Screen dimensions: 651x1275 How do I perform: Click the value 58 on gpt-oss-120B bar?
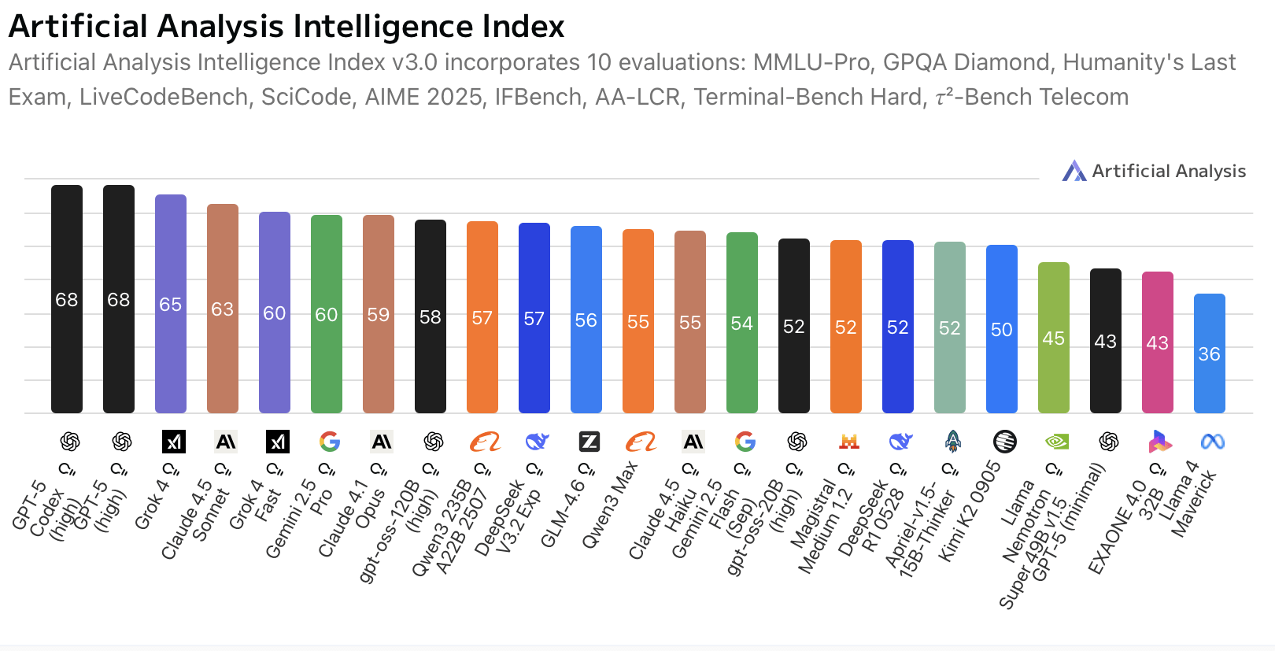[431, 317]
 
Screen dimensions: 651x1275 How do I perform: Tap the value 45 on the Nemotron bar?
[1053, 338]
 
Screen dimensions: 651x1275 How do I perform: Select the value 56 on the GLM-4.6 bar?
[586, 320]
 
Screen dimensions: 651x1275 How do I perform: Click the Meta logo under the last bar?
[1212, 442]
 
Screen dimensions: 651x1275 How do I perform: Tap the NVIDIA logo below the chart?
[1056, 442]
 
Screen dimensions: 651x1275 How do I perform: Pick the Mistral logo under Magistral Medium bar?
[848, 442]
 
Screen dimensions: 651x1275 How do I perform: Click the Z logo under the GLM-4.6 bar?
[589, 442]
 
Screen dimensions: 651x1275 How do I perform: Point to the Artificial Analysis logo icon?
[1074, 171]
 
